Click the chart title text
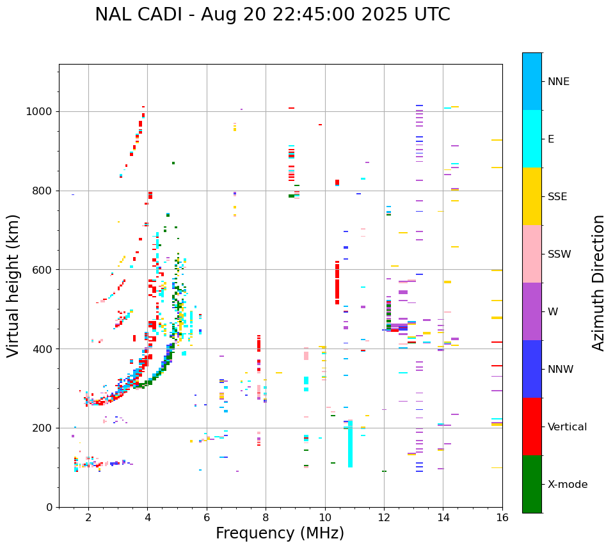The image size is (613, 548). (x=272, y=15)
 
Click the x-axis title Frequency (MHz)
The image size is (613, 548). (x=280, y=533)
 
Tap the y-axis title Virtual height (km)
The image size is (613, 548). (x=14, y=286)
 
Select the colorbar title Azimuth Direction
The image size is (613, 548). (x=598, y=283)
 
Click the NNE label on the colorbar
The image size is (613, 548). (x=558, y=82)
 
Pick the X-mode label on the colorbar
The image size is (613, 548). (x=567, y=485)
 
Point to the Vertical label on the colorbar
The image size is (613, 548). (x=567, y=427)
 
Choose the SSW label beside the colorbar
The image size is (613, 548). (x=559, y=254)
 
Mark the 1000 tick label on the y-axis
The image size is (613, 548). (x=40, y=111)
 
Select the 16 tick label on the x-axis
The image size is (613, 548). (x=502, y=518)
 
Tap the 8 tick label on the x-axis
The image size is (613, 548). (x=266, y=518)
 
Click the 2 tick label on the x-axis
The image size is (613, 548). (x=88, y=518)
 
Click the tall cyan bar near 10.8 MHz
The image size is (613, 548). (x=350, y=444)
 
